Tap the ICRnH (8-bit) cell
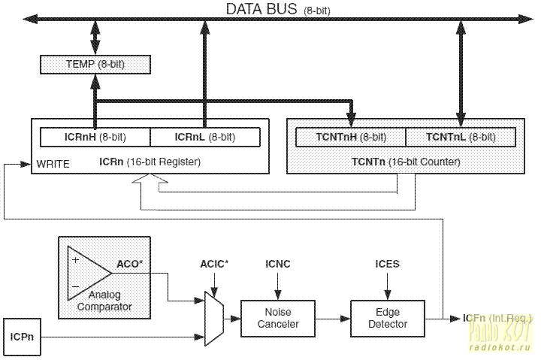click(95, 137)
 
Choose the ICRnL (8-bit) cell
click(204, 137)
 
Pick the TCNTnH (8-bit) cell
click(351, 137)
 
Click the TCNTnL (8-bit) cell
click(460, 137)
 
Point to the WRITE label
click(53, 162)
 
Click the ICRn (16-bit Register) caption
click(150, 161)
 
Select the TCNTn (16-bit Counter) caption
click(406, 161)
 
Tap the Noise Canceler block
click(277, 318)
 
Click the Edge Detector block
click(387, 318)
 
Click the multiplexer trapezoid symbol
click(215, 313)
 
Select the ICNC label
click(277, 265)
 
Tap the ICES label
click(387, 265)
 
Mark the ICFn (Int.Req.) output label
click(492, 319)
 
